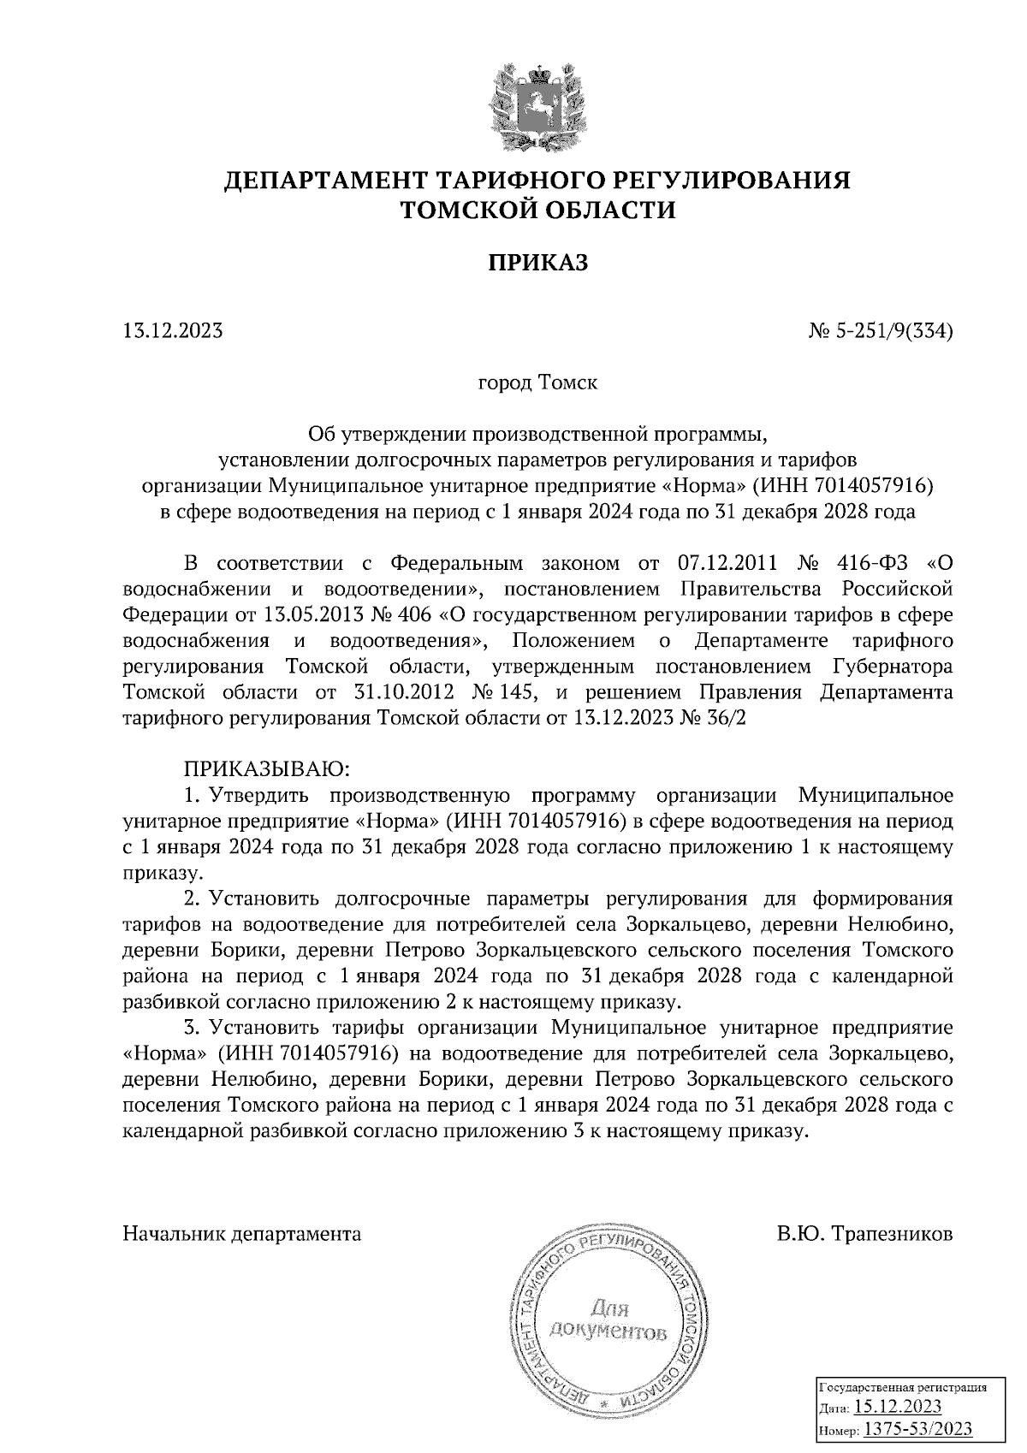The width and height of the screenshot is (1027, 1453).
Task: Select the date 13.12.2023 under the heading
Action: click(173, 330)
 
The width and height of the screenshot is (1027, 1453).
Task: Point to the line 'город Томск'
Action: click(537, 382)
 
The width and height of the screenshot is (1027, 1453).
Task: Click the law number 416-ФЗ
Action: click(871, 564)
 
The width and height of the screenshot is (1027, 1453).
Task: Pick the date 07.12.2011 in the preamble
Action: click(726, 564)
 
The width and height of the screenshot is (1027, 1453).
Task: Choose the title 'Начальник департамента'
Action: click(242, 1234)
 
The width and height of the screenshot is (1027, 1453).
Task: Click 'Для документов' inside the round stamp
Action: click(608, 1320)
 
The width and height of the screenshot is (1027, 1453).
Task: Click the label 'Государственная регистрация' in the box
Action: click(905, 1387)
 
